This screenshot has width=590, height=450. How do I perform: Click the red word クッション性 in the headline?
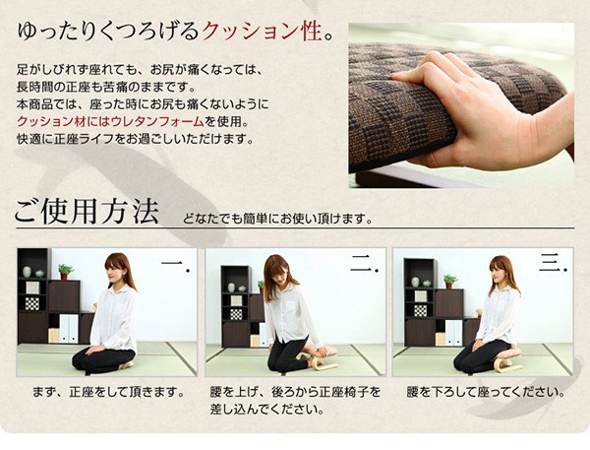coord(263,31)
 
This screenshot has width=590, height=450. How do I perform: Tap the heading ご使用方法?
coord(87,212)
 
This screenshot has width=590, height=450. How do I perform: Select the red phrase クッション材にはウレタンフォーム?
coord(110,122)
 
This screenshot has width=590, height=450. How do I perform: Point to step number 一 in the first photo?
coord(175,264)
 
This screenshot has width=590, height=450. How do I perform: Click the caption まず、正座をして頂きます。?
coord(109,392)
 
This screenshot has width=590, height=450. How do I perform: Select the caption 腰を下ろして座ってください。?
coord(486,392)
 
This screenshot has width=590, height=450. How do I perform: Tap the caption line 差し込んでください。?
coord(267,410)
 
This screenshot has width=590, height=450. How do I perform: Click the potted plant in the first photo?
coord(65,272)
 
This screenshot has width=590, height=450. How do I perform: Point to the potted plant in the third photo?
coord(449,282)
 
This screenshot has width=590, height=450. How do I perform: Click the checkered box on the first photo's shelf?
coord(32,303)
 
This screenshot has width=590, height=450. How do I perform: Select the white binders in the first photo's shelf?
coord(69,329)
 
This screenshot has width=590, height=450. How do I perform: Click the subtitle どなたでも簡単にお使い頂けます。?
coord(277,219)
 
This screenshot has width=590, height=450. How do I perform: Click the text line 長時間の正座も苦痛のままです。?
coord(106,87)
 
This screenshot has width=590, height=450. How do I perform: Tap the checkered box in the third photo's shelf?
coord(420,311)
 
